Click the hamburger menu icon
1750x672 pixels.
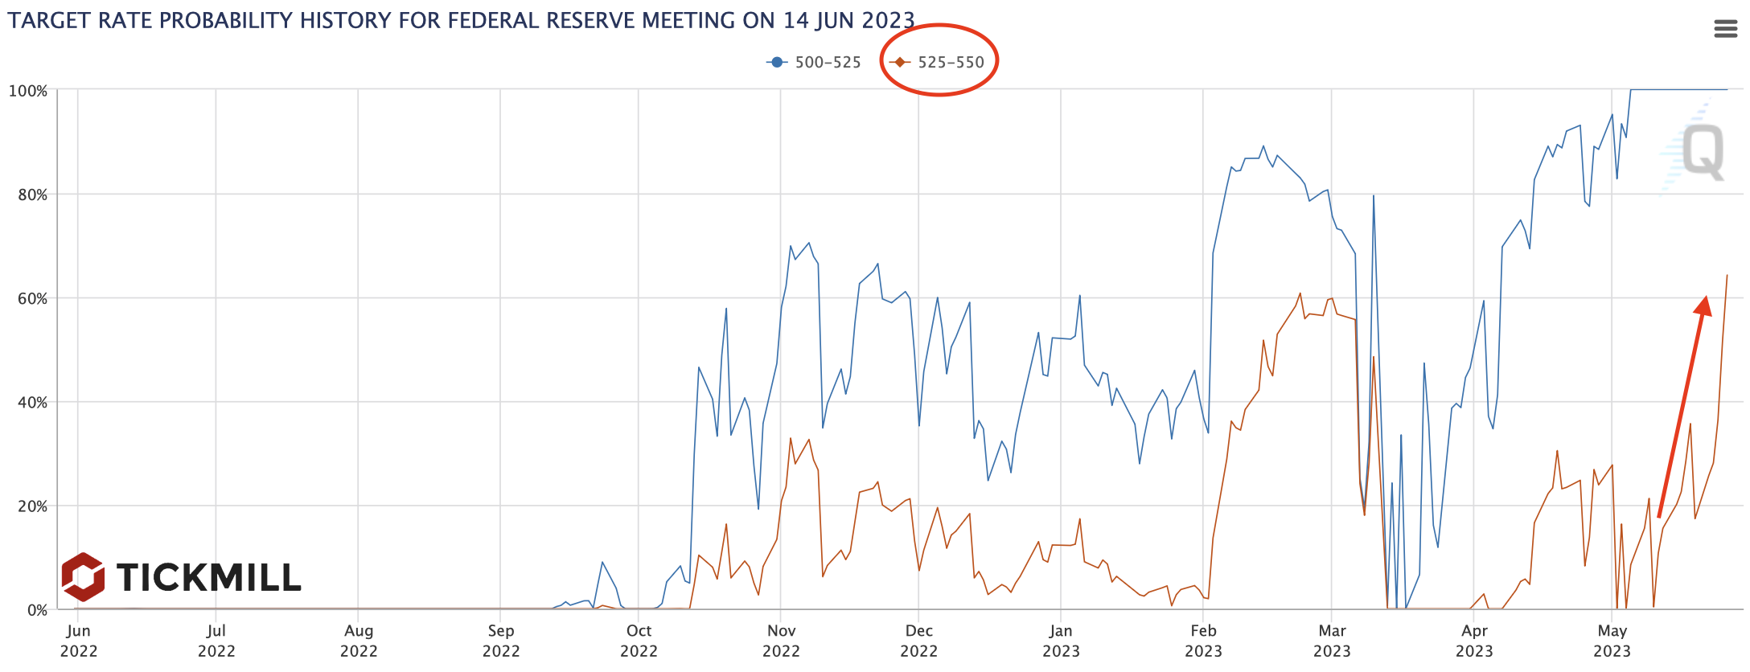point(1725,30)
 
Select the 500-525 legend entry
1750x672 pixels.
point(814,63)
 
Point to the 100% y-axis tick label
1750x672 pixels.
point(28,91)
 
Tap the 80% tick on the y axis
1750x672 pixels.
point(32,195)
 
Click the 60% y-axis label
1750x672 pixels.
point(32,298)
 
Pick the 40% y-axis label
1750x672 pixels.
point(32,402)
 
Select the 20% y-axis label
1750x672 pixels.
point(32,506)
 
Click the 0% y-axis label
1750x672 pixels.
point(37,610)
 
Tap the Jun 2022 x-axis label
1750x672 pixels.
point(78,641)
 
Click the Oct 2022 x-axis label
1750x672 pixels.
point(639,641)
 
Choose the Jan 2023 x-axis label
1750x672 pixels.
point(1061,641)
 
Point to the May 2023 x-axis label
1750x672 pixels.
point(1612,641)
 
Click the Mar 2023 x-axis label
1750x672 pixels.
point(1332,641)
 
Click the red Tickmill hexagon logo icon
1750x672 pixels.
point(83,576)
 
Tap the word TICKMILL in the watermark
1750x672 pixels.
point(208,577)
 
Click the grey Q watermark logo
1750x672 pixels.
point(1703,152)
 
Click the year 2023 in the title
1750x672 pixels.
point(889,20)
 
